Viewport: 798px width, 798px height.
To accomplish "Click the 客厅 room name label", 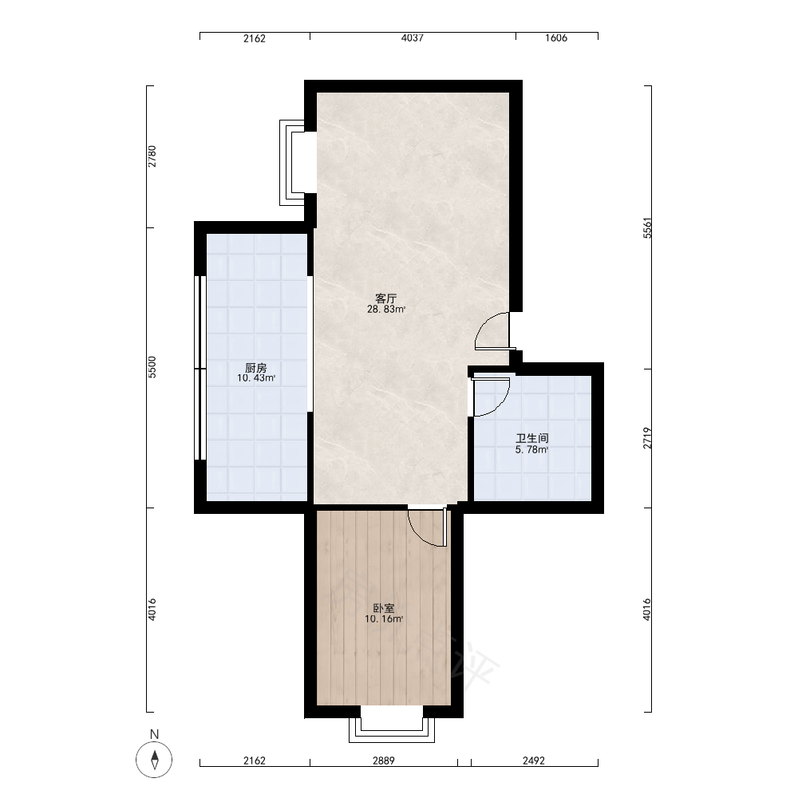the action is [x=385, y=298].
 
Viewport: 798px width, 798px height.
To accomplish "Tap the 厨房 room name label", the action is [x=255, y=367].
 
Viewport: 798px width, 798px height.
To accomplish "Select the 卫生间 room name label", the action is [x=531, y=438].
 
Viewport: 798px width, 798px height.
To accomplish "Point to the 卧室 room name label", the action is [x=384, y=608].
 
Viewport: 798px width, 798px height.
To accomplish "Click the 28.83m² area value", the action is [x=386, y=310].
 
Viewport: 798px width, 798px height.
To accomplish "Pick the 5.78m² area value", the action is [x=531, y=450].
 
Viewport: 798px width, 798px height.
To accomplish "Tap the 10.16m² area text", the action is [x=384, y=619].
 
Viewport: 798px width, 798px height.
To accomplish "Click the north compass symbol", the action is [x=154, y=760].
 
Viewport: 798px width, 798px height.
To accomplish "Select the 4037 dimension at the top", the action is [x=413, y=38].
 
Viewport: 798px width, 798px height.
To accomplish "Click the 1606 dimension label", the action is [x=556, y=38].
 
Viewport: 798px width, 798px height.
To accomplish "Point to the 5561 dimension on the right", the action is [x=647, y=228].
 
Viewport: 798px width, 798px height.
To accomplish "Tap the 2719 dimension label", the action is [x=647, y=438].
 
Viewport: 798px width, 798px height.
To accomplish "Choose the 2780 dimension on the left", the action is [x=152, y=156].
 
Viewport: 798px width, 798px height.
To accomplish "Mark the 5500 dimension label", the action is [x=152, y=367].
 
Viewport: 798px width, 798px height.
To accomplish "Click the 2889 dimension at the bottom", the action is [x=383, y=760].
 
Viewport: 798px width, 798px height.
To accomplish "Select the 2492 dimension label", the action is [x=534, y=760].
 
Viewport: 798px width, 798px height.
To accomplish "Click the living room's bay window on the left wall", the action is [x=291, y=163].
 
